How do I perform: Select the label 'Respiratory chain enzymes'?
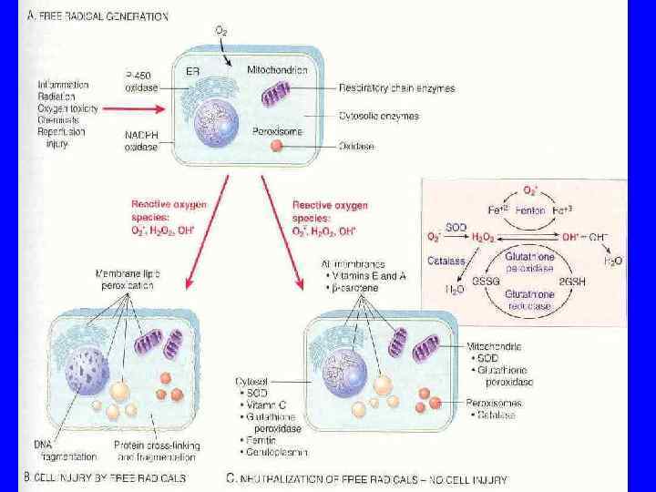(397, 89)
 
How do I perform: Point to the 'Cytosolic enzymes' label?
(379, 117)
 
